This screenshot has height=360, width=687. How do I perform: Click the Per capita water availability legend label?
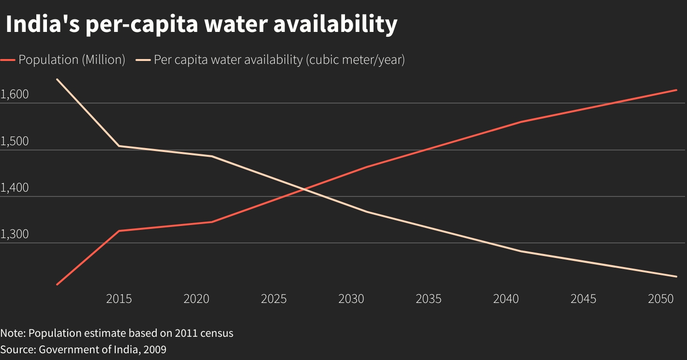coord(279,60)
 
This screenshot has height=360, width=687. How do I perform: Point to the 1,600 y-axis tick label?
coord(15,94)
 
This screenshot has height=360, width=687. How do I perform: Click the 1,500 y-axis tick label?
coord(15,141)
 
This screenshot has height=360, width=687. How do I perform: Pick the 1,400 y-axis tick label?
coord(15,188)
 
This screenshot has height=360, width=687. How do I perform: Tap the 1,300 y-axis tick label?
coord(15,235)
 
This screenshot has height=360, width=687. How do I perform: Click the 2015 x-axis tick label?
coord(119,299)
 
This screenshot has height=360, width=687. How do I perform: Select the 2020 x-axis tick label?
coord(196,299)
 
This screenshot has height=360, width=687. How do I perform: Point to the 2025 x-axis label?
coord(274,299)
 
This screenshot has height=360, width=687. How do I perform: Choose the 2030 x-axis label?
coord(351,299)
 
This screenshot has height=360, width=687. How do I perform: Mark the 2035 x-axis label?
coord(429,299)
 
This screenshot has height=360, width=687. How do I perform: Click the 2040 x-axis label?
coord(506,299)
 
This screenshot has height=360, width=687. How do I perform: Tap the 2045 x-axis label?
coord(583,299)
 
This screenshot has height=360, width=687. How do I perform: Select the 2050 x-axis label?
coord(661,299)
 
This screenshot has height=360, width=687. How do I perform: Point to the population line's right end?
coord(676,90)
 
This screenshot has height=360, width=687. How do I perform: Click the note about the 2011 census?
coord(117,333)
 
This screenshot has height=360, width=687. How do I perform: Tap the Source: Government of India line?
coord(83,349)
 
